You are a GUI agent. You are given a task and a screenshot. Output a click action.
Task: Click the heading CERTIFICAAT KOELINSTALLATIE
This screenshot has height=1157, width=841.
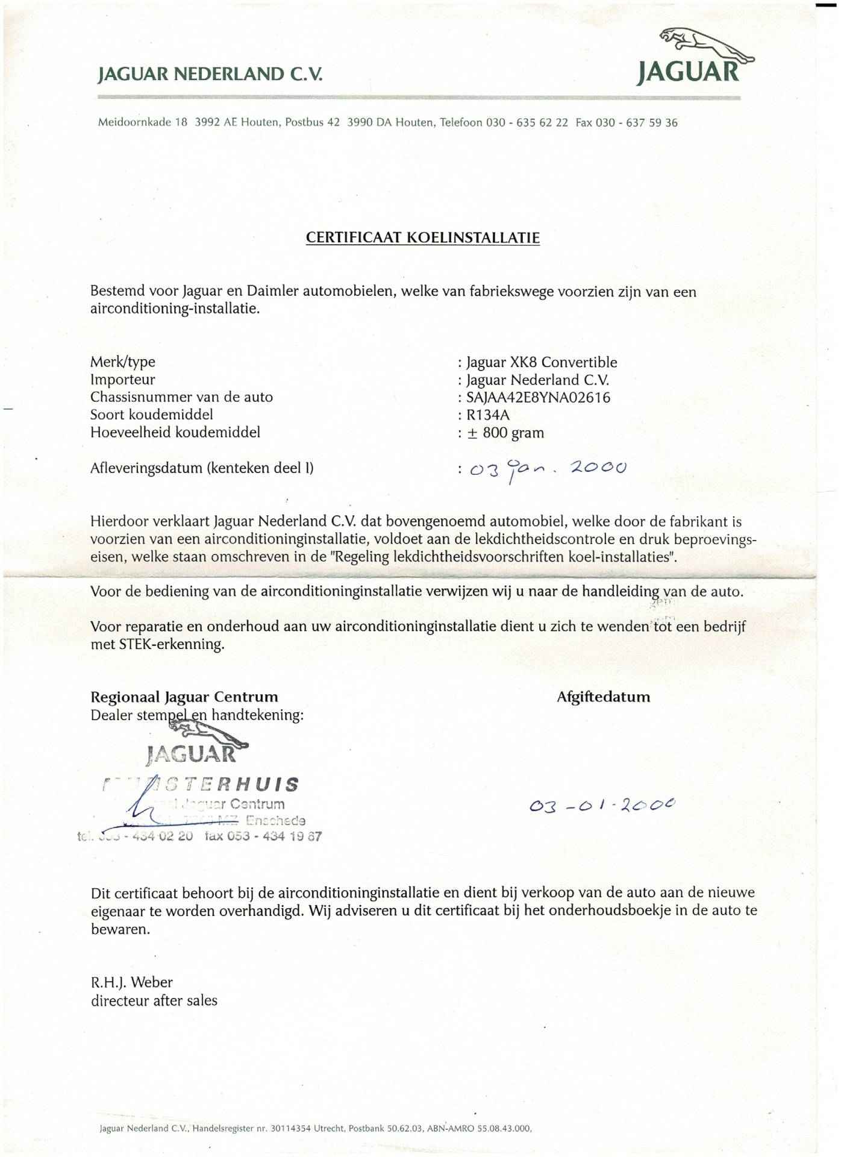point(422,237)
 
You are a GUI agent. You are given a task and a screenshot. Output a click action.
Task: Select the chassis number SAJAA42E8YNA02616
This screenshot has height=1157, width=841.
point(538,398)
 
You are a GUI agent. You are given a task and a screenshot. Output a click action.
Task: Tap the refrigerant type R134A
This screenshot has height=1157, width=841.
point(488,415)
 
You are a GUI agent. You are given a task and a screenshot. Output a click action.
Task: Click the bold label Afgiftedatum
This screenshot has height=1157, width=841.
point(603,697)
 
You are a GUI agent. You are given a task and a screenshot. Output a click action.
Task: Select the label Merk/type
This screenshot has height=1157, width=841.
point(123,362)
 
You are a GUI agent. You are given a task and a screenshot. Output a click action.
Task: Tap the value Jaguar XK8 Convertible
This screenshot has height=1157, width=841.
point(542,363)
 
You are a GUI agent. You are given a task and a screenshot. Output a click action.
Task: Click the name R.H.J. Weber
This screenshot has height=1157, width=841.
point(131,982)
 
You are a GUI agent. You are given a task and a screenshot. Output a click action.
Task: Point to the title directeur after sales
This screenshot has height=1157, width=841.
point(154,1001)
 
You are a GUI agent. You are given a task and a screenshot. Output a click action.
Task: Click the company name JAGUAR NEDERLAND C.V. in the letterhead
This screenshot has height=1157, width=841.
point(210,75)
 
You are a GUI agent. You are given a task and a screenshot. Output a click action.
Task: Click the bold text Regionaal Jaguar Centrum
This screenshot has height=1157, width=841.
point(184,697)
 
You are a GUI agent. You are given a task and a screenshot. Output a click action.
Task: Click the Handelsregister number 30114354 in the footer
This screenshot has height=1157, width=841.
point(290,1128)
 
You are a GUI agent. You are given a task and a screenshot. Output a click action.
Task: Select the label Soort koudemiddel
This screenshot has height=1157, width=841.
point(152,415)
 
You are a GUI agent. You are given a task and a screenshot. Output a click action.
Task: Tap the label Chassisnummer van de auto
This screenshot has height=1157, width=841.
point(181,397)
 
